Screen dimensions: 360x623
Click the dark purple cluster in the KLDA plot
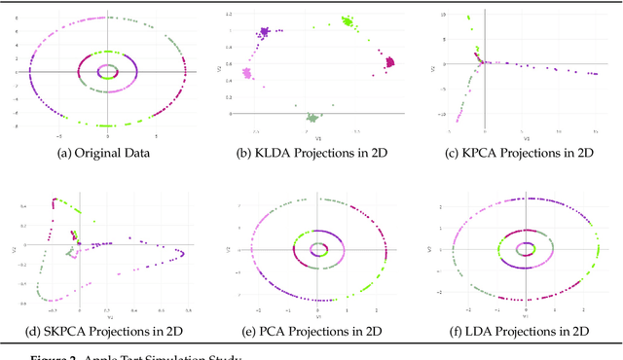263,33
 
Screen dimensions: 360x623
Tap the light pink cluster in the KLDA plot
247,73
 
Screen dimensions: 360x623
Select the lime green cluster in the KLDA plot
348,20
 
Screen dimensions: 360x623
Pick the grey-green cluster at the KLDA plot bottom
312,116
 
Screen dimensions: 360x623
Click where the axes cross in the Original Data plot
106,71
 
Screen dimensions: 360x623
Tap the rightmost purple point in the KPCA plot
595,74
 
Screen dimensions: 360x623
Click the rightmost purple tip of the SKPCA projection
184,253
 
